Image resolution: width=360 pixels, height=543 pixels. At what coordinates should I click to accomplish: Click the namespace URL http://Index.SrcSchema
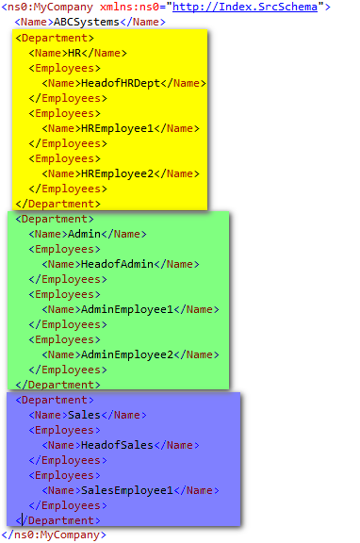coord(245,7)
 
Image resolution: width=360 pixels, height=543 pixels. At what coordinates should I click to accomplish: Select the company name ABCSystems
coord(86,23)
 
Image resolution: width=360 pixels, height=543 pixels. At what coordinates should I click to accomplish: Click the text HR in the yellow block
coord(74,53)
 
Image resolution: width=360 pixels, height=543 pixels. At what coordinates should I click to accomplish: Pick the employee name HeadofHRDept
coord(121,84)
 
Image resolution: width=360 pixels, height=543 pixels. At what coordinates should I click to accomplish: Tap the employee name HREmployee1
coord(118,129)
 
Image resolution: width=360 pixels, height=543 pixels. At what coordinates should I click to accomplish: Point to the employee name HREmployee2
coord(118,173)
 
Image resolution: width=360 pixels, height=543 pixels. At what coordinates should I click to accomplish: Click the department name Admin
coord(84,234)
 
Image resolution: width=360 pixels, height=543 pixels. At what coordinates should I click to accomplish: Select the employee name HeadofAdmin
coord(118,264)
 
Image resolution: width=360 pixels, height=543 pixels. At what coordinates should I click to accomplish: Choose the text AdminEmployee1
coord(127,309)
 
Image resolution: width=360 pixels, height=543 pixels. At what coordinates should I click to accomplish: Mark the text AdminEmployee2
coord(127,355)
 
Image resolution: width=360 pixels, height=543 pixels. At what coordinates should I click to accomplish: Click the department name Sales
coord(84,415)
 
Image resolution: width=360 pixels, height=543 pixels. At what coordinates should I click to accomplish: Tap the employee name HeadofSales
coord(118,445)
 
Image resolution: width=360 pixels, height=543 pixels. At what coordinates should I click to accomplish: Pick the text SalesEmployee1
coord(127,491)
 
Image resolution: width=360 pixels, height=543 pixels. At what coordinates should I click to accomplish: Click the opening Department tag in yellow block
coord(55,38)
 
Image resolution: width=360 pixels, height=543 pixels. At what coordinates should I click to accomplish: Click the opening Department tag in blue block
coord(55,401)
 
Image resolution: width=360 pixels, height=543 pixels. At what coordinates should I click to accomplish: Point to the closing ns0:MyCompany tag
coord(55,535)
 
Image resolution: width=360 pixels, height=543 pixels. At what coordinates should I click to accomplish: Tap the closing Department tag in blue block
coord(57,520)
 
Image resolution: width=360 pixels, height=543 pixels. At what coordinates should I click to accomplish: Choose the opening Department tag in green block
coord(55,220)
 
